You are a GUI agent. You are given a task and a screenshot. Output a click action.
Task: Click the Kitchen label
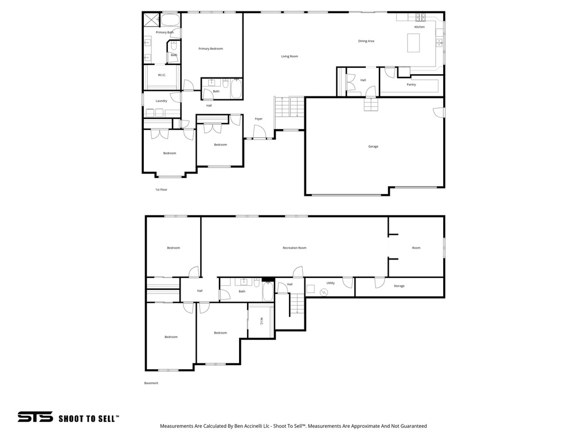pyautogui.click(x=420, y=27)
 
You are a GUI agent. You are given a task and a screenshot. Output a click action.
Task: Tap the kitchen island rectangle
pyautogui.click(x=413, y=43)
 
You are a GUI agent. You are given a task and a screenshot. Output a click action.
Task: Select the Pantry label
pyautogui.click(x=411, y=84)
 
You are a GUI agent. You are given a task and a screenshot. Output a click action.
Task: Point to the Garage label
pyautogui.click(x=373, y=146)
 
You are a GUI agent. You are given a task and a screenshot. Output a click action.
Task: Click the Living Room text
pyautogui.click(x=289, y=56)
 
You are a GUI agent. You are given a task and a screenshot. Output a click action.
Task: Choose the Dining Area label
pyautogui.click(x=366, y=41)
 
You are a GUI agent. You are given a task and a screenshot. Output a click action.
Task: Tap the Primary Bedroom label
pyautogui.click(x=210, y=49)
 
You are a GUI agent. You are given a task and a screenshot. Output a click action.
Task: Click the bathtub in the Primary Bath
pyautogui.click(x=170, y=20)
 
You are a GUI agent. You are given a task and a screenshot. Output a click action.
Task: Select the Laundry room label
pyautogui.click(x=161, y=101)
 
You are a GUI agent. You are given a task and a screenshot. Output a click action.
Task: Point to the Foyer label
pyautogui.click(x=259, y=119)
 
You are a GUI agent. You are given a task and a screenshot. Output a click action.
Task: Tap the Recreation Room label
pyautogui.click(x=294, y=248)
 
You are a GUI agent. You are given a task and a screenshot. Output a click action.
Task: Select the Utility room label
pyautogui.click(x=331, y=283)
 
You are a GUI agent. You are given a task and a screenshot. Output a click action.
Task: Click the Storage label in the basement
pyautogui.click(x=399, y=286)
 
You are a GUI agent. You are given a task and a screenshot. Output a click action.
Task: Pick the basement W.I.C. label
pyautogui.click(x=261, y=321)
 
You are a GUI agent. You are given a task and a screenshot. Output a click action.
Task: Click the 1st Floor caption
pyautogui.click(x=161, y=189)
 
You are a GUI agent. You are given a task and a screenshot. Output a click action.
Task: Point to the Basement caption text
pyautogui.click(x=151, y=383)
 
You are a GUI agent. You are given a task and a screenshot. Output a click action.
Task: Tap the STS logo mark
pyautogui.click(x=35, y=417)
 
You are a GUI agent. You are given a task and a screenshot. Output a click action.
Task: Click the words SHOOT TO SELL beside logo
pyautogui.click(x=89, y=419)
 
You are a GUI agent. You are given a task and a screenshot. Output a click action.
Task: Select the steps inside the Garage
pyautogui.click(x=371, y=105)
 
